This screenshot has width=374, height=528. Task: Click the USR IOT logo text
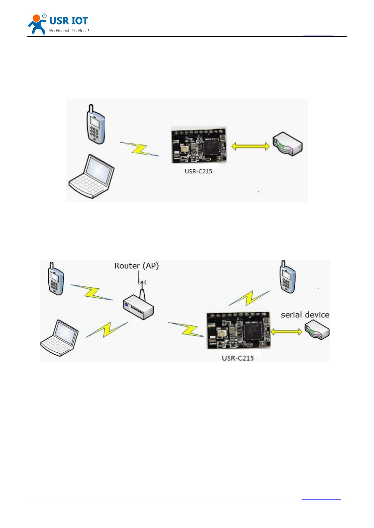69,21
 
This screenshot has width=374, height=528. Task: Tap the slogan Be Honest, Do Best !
69,31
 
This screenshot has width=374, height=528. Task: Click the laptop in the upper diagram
91,176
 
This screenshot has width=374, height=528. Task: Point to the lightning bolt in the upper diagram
140,149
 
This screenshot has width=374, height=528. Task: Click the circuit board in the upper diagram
199,145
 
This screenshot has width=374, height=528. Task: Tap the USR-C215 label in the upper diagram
198,171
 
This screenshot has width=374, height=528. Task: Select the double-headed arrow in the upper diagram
250,146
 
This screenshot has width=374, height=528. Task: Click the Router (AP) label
136,266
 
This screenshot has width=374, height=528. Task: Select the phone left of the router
56,279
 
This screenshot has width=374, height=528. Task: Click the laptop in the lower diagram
60,338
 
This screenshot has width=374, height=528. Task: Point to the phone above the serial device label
287,277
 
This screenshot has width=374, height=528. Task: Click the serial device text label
305,315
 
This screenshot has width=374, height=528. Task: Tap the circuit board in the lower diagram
238,330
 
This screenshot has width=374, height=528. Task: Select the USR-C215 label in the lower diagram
238,358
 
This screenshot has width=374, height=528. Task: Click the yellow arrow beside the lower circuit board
286,331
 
